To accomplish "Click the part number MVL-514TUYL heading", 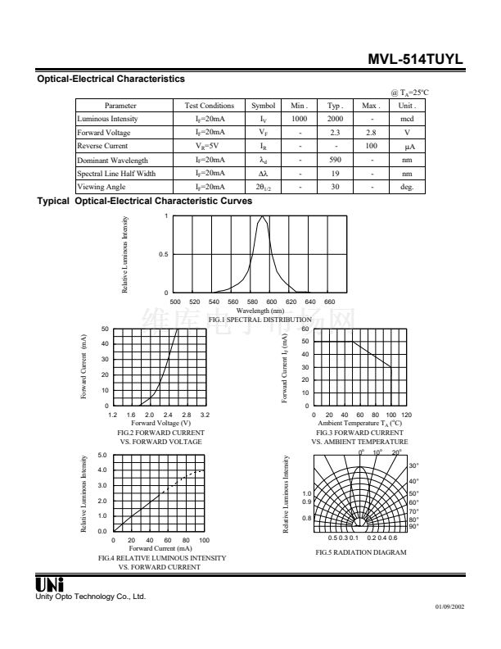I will (416, 60).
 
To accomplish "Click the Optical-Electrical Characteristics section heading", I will (111, 79).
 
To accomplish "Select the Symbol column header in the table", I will (264, 106).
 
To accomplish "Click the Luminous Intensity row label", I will (108, 119).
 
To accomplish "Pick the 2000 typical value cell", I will (335, 119).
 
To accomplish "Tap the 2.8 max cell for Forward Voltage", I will (371, 132).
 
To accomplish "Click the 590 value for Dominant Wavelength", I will (335, 160).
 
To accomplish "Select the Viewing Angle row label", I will (102, 187).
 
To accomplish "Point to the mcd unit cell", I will (407, 119).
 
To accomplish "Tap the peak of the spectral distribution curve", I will (263, 217).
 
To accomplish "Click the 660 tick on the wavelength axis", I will (330, 302).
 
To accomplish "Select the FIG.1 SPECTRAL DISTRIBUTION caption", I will (260, 319).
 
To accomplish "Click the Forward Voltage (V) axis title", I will (160, 423).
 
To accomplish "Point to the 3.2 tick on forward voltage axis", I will (205, 415).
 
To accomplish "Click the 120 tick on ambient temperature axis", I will (406, 415).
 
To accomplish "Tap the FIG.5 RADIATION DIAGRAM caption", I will (361, 551).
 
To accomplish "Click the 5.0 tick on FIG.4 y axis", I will (102, 455).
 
